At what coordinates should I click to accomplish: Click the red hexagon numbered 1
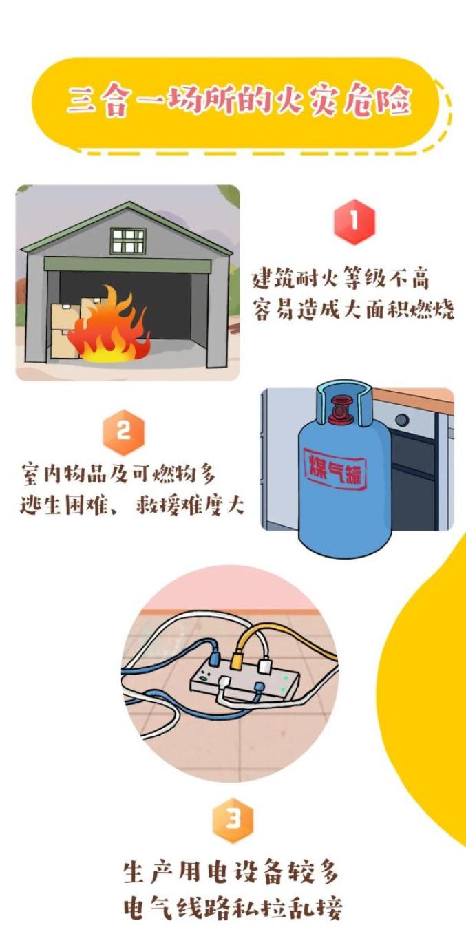coord(354,222)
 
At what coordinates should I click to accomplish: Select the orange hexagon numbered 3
coord(233,820)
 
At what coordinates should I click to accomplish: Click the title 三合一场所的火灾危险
coord(239,101)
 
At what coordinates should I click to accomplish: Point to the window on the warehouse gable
coord(129,241)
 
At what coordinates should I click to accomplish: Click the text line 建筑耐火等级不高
coord(341,279)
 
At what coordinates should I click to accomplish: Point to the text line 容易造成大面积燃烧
coord(353,310)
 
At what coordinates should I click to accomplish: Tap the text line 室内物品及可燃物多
coord(118,474)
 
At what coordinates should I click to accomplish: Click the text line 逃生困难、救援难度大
coord(131,505)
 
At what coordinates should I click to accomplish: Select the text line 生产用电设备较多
coord(231,875)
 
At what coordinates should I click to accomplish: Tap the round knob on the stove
coord(402,420)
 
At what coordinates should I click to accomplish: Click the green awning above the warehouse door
coord(127,264)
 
